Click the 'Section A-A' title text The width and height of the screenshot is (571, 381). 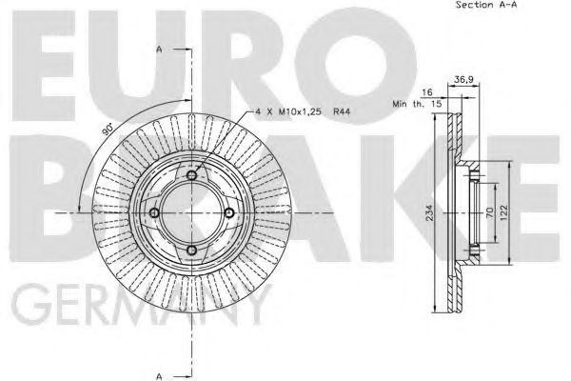486,5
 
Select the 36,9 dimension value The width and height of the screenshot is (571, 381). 465,80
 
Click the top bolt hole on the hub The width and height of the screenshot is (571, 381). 191,175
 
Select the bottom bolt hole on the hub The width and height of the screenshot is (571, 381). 191,250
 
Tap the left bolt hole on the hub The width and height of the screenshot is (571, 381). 154,212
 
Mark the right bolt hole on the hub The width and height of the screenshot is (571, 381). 228,212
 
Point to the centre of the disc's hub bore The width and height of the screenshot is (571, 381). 191,212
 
